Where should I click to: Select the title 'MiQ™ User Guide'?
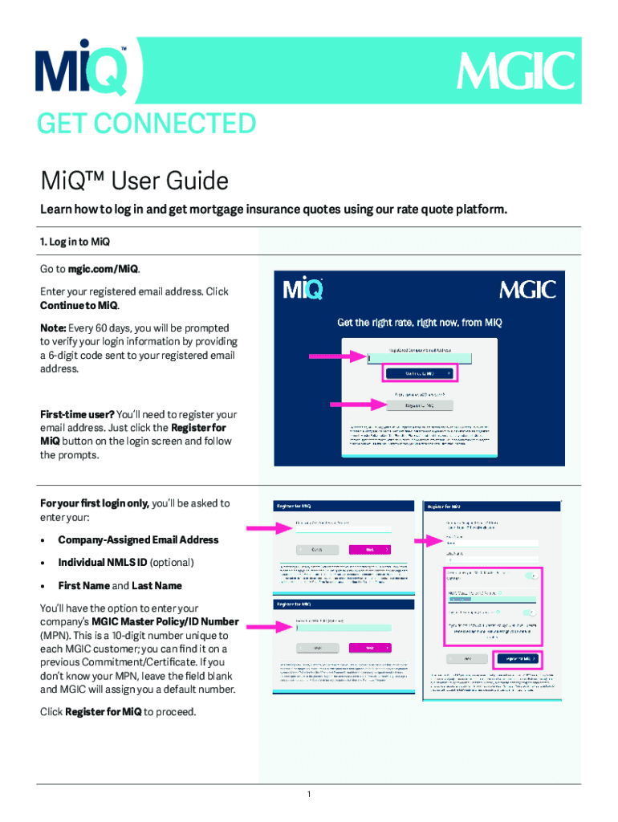pyautogui.click(x=134, y=181)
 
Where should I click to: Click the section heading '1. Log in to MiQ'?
pyautogui.click(x=75, y=242)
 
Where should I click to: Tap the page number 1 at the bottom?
pyautogui.click(x=308, y=795)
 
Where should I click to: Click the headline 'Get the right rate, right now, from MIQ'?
pyautogui.click(x=419, y=323)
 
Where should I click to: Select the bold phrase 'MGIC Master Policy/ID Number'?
pyautogui.click(x=165, y=621)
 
